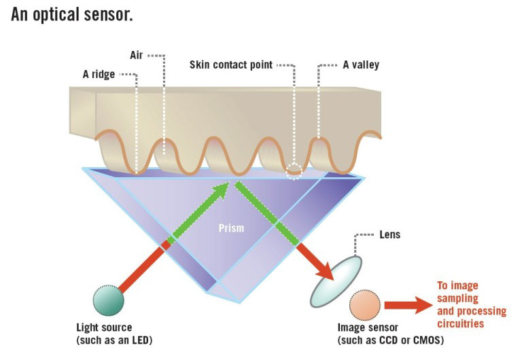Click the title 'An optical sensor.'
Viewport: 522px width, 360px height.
click(71, 14)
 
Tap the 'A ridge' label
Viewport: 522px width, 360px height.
click(99, 75)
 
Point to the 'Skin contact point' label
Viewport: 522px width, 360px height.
click(231, 65)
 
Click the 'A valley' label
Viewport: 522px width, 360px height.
click(361, 65)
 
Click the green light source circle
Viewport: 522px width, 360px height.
click(108, 300)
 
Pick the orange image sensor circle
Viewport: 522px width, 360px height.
click(365, 305)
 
